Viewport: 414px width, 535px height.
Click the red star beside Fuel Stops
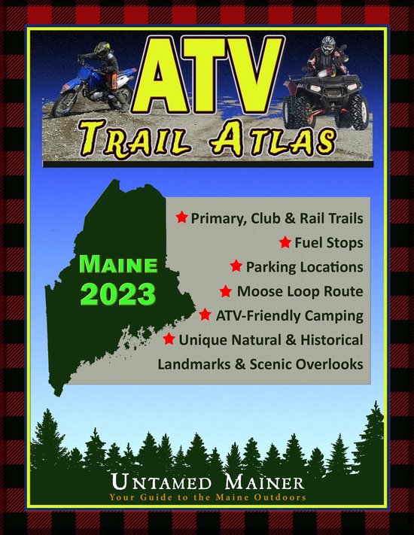pos(285,243)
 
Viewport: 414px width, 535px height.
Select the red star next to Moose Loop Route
pos(225,290)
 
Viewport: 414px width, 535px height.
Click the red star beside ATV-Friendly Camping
pos(205,315)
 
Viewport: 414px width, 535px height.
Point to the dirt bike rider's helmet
pos(99,50)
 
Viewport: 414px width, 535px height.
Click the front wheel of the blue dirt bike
pos(65,103)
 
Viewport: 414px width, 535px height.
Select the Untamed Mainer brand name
pos(207,483)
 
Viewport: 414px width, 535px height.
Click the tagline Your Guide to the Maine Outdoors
pos(207,497)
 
